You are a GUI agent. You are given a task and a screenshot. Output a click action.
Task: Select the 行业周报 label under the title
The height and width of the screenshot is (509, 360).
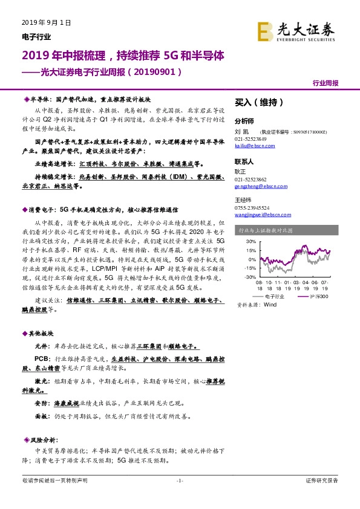[325, 82]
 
